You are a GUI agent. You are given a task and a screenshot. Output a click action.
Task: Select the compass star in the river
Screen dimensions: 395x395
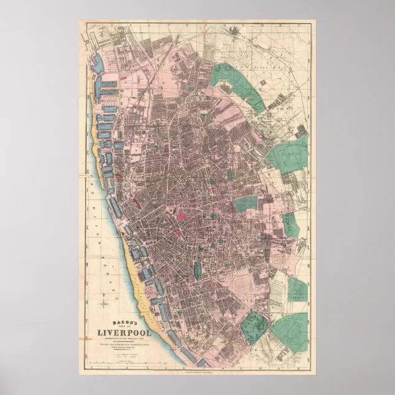point(105,302)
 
